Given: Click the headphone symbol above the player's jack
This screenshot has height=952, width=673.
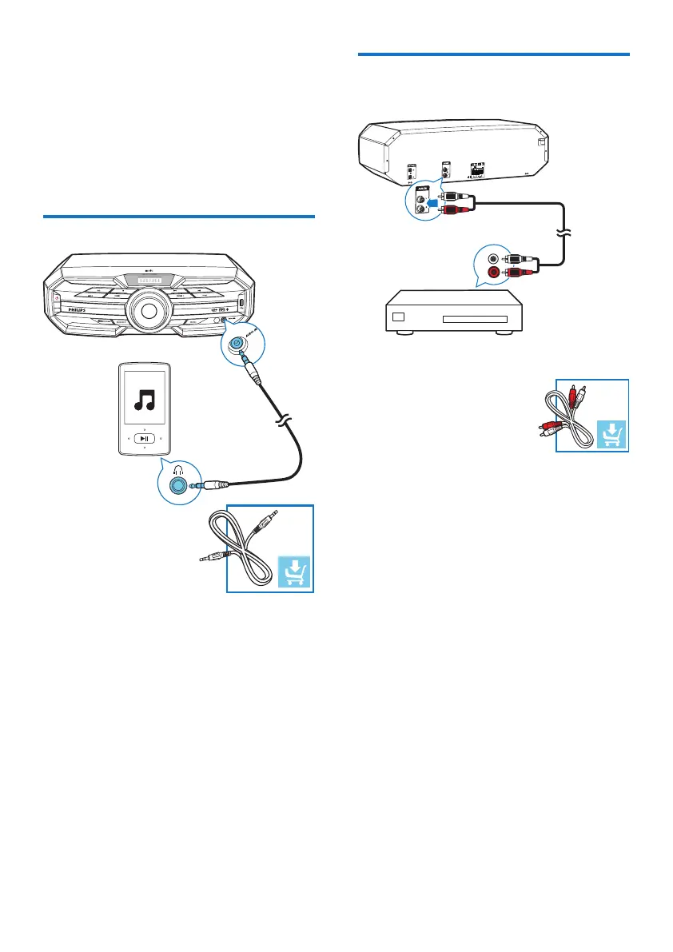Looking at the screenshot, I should (177, 469).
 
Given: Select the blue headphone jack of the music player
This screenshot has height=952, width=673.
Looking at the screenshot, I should (177, 484).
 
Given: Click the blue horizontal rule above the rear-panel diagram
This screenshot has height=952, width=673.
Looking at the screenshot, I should (493, 55).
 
